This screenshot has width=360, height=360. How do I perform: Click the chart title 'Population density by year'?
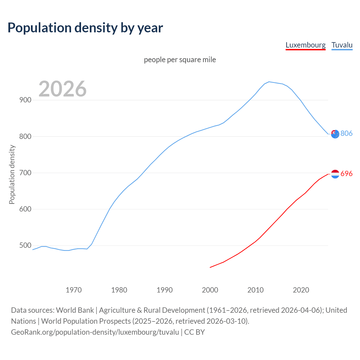pos(85,28)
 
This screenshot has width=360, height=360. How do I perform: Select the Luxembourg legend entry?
pos(305,45)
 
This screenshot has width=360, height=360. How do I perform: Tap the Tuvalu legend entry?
pos(342,45)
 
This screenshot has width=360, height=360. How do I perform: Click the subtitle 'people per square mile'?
pos(180,60)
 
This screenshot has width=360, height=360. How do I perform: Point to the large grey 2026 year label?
pos(62,89)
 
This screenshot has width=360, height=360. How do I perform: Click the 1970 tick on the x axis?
pos(74,290)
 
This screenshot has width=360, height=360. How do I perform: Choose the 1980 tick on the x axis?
pos(119,290)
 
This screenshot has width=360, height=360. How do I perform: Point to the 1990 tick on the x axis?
pos(165,290)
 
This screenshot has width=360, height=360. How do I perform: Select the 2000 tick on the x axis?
pos(210,290)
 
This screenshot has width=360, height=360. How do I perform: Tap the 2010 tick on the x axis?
pos(256,290)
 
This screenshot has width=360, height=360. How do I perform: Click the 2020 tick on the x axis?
pos(301,290)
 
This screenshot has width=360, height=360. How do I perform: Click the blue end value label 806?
pos(346,133)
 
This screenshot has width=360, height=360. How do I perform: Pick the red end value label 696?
pos(346,174)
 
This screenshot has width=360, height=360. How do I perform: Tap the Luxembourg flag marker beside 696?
pos(335,174)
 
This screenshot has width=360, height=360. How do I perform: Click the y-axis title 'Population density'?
pos(12,174)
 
